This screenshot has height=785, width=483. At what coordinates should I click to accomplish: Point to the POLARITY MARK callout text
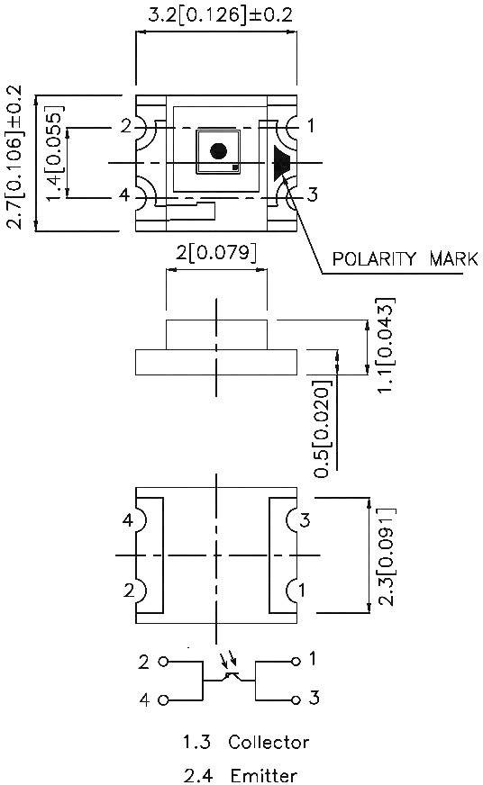pos(404,259)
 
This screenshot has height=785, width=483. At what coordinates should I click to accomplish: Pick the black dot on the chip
pos(217,151)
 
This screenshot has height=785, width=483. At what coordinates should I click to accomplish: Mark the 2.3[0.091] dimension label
pos(383,556)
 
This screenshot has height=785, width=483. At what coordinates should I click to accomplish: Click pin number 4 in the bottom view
pos(129,521)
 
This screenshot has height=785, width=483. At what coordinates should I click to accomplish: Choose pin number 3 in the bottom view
pos(305,520)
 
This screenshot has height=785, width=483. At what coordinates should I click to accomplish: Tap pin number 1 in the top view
pos(311,127)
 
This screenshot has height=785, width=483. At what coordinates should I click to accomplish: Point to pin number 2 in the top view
pos(126,127)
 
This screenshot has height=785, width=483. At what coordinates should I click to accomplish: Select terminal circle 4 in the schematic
pos(163,699)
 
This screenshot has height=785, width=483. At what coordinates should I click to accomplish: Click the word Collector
pos(269,743)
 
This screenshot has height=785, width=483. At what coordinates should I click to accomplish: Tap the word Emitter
pos(262,775)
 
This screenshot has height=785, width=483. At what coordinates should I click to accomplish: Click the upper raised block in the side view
pos(216,334)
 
